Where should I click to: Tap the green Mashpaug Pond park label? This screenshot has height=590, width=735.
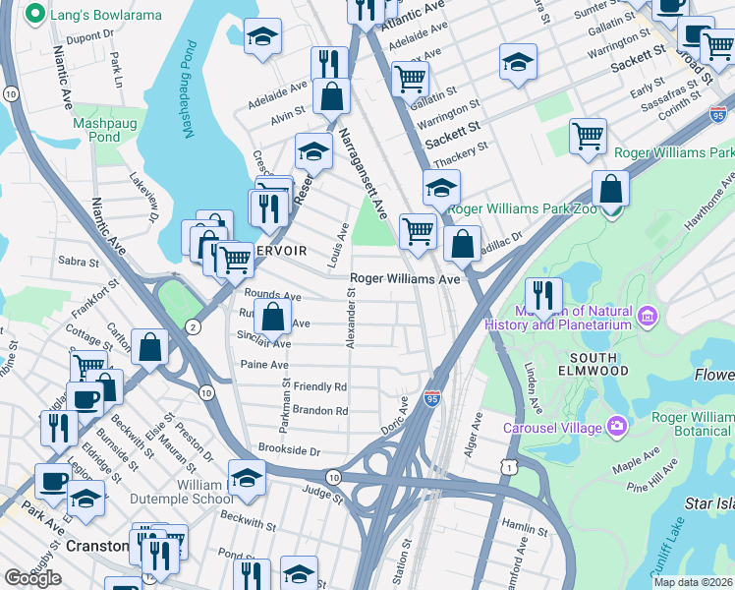click(x=96, y=131)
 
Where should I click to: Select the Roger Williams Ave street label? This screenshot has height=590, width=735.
click(x=406, y=279)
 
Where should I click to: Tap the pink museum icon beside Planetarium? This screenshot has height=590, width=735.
click(x=647, y=317)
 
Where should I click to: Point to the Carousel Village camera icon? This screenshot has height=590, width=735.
click(x=616, y=426)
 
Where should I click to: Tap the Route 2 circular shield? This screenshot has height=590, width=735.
click(x=195, y=326)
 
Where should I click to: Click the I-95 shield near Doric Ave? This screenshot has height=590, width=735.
click(x=432, y=397)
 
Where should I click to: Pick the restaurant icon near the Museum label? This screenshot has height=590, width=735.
click(x=542, y=295)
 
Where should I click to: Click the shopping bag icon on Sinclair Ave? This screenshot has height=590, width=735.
click(x=274, y=318)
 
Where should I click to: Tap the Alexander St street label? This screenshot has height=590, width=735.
click(x=350, y=317)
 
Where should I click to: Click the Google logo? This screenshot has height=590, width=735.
click(x=32, y=578)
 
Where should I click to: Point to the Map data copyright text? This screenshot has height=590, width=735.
click(x=692, y=582)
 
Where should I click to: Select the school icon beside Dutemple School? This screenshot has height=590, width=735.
click(x=248, y=478)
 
